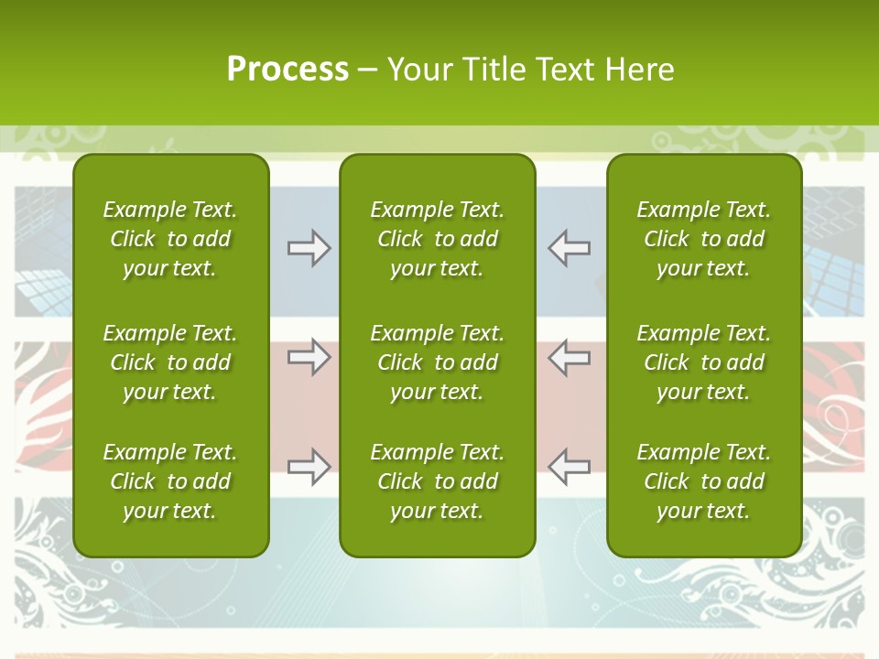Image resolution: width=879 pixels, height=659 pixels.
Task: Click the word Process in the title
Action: pyautogui.click(x=288, y=70)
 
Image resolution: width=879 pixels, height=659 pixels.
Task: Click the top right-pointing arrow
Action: pyautogui.click(x=309, y=248)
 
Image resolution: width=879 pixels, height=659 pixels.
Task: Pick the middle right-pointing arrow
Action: pyautogui.click(x=309, y=357)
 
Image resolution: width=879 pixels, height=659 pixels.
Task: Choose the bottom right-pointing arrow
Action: pyautogui.click(x=309, y=467)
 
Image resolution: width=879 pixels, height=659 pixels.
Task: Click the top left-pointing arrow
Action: pyautogui.click(x=569, y=248)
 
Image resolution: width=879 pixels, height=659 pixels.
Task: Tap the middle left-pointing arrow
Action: pyautogui.click(x=569, y=357)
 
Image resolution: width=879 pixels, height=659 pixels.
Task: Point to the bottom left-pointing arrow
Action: pyautogui.click(x=569, y=467)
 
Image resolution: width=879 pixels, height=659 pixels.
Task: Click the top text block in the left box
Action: pyautogui.click(x=170, y=239)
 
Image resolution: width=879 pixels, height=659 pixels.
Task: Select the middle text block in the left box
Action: pyautogui.click(x=170, y=362)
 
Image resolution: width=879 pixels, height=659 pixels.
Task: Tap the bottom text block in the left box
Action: pyautogui.click(x=170, y=481)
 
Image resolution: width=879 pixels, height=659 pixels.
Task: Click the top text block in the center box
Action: pyautogui.click(x=437, y=239)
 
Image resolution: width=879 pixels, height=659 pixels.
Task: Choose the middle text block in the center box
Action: pyautogui.click(x=437, y=362)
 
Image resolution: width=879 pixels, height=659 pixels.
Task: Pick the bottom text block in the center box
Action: pyautogui.click(x=437, y=481)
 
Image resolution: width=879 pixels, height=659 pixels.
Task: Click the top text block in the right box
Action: pyautogui.click(x=703, y=239)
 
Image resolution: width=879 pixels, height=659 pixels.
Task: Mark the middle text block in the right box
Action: pyautogui.click(x=703, y=362)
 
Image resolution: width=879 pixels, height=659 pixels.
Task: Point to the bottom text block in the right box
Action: pyautogui.click(x=703, y=481)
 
